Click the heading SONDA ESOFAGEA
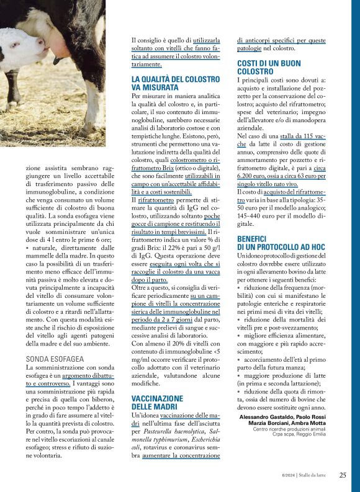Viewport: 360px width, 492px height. tap(55, 359)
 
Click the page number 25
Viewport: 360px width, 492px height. tap(343, 475)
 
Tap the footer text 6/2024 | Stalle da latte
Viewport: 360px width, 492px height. tap(306, 475)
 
